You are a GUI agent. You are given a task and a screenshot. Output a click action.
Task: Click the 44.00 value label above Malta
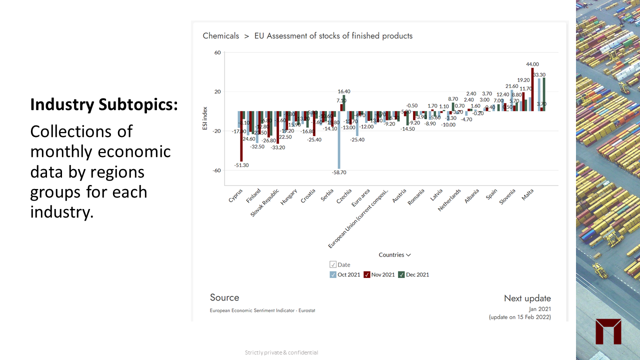click(532, 64)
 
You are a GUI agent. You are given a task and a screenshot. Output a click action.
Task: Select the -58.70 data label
click(339, 172)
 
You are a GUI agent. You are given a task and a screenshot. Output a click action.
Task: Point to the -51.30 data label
click(241, 165)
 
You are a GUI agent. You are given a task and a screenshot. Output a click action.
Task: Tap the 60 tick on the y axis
click(217, 52)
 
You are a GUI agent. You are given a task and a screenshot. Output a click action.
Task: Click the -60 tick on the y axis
click(216, 170)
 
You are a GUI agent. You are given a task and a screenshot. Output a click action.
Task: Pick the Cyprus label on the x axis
click(236, 195)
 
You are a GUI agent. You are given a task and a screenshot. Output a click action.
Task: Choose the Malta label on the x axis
click(528, 195)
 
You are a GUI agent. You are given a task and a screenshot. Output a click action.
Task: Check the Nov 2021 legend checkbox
click(366, 274)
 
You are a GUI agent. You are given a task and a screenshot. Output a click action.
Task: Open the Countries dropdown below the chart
click(394, 255)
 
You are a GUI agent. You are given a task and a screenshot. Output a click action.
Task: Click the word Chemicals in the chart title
click(220, 36)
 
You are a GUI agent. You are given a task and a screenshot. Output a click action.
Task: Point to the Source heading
click(224, 297)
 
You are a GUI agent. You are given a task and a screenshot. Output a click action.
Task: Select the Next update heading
click(527, 298)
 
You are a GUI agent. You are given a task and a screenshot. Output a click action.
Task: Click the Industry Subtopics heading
click(104, 104)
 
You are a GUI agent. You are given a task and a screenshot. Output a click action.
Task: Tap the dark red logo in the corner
click(608, 331)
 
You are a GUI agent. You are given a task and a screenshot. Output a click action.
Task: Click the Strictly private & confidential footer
click(281, 352)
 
